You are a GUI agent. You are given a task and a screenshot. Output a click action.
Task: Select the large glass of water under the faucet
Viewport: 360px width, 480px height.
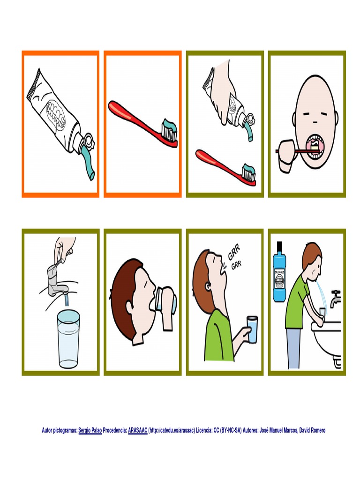pyautogui.click(x=68, y=338)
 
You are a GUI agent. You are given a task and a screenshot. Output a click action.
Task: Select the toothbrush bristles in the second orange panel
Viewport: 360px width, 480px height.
pyautogui.click(x=170, y=130)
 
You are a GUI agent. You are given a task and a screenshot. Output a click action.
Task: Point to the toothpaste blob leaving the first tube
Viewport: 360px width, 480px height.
pyautogui.click(x=87, y=162)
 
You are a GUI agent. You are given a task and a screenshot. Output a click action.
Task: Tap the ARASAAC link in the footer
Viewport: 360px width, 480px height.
pyautogui.click(x=138, y=430)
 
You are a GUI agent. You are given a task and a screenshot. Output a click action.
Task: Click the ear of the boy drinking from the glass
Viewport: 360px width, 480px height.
pyautogui.click(x=129, y=307)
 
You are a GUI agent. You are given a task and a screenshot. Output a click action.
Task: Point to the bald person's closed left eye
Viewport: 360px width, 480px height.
pyautogui.click(x=307, y=114)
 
